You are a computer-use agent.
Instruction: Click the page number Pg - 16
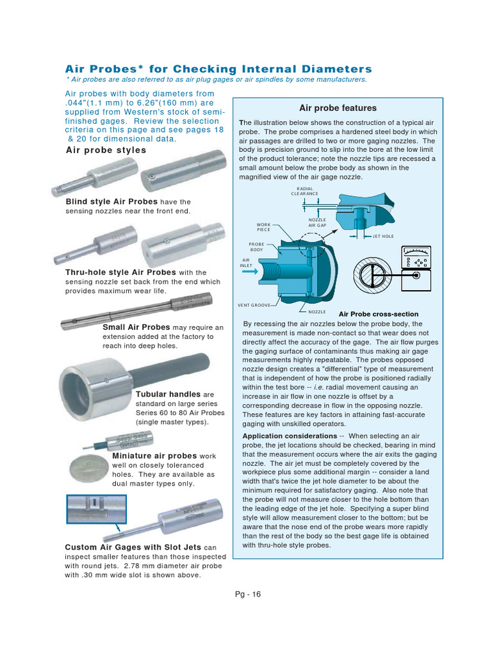247,594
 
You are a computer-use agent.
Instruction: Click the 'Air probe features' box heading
338,108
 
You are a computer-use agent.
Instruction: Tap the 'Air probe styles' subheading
106,150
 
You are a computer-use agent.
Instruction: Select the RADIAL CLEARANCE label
304,191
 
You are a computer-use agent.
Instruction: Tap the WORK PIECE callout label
263,227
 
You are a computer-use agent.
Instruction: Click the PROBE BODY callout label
257,247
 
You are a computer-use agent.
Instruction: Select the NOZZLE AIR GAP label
317,222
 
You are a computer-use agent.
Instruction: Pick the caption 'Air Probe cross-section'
378,314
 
